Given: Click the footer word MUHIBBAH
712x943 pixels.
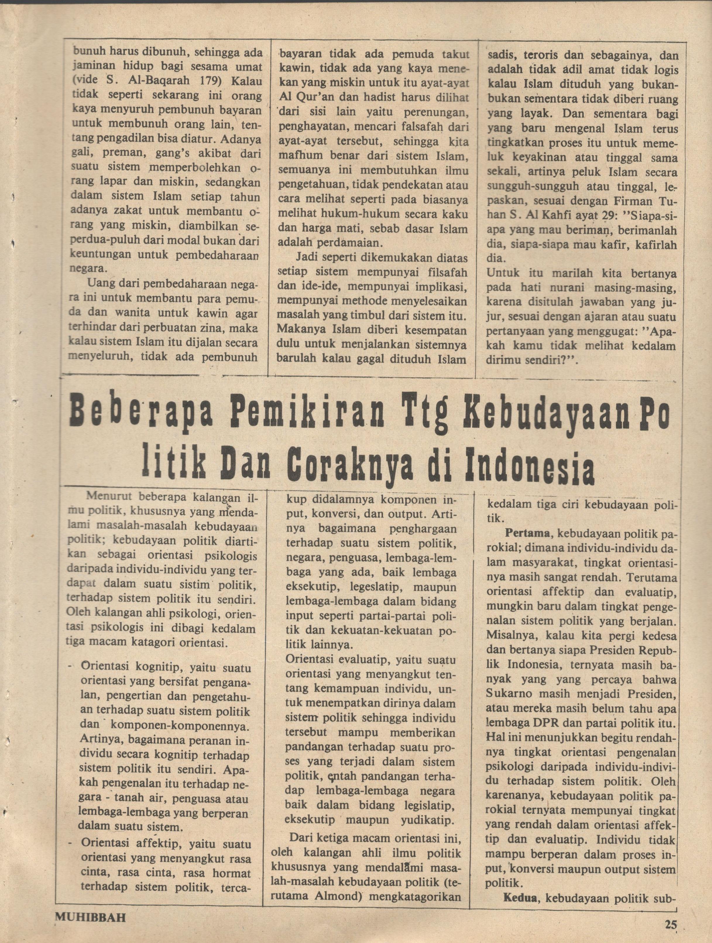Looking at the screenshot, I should (90, 915).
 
